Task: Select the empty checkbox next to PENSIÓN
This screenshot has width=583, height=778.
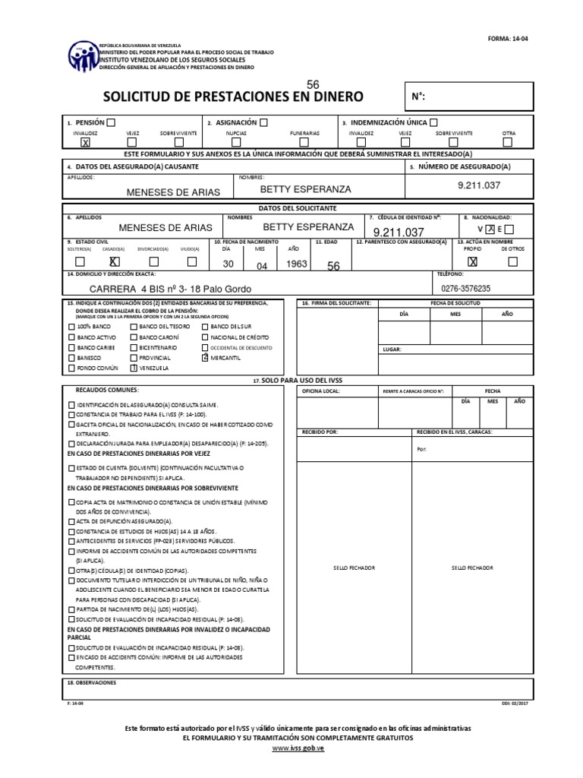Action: tap(112, 122)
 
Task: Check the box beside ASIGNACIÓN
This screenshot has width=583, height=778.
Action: tap(263, 122)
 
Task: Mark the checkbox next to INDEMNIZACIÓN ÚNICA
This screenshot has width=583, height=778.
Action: tap(433, 122)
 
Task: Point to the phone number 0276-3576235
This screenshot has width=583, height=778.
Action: tap(466, 289)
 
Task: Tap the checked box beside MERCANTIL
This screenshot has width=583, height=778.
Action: tap(204, 356)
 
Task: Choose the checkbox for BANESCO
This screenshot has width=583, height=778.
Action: tap(72, 356)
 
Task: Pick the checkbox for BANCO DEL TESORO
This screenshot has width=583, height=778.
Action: tap(134, 325)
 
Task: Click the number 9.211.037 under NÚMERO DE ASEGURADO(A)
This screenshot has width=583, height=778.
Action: tap(479, 185)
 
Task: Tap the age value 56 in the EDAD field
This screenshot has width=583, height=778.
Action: tap(333, 266)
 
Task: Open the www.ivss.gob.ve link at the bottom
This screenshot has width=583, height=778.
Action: tap(291, 748)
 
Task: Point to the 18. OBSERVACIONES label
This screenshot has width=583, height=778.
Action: tap(93, 682)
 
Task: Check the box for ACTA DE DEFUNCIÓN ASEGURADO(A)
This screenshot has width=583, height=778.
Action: tap(71, 523)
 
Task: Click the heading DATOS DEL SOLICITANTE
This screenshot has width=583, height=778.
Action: tap(291, 207)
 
